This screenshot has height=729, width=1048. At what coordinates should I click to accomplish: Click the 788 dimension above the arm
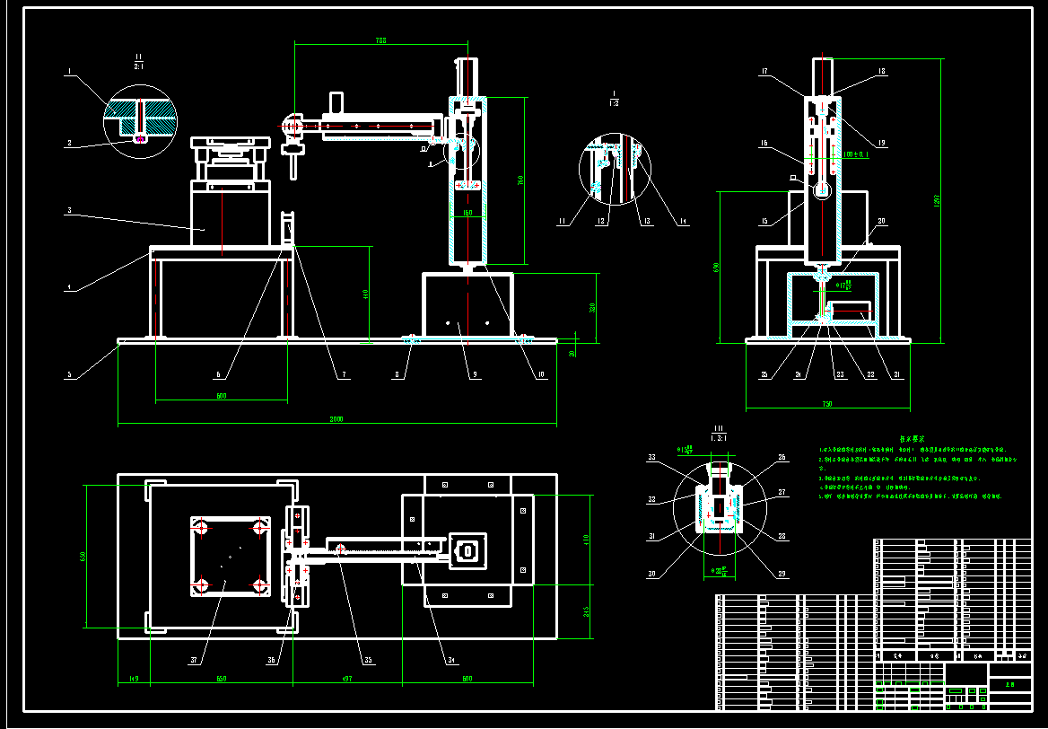[x=380, y=40]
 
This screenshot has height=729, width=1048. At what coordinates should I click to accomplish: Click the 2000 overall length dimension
[x=336, y=418]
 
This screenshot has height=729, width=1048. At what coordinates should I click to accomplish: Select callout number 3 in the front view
[x=68, y=211]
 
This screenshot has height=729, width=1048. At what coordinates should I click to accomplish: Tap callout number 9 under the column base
[x=474, y=374]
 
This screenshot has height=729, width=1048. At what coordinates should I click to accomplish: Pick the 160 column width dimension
[x=467, y=213]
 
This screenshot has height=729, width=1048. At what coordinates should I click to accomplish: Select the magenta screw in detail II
[x=139, y=137]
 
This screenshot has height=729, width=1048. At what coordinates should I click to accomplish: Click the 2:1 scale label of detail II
[x=139, y=66]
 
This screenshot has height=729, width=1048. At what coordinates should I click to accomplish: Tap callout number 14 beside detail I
[x=684, y=221]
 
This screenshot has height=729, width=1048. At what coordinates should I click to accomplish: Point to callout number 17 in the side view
[x=764, y=71]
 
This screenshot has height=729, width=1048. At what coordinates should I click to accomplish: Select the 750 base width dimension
[x=827, y=404]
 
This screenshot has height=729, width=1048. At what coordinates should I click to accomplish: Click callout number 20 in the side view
[x=881, y=221]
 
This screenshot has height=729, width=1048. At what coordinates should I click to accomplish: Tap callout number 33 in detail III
[x=652, y=458]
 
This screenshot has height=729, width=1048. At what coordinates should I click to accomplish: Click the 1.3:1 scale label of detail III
[x=718, y=437]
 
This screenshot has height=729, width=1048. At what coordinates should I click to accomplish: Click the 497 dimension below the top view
[x=348, y=679]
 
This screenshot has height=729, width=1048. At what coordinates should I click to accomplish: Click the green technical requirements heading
[x=918, y=439]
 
